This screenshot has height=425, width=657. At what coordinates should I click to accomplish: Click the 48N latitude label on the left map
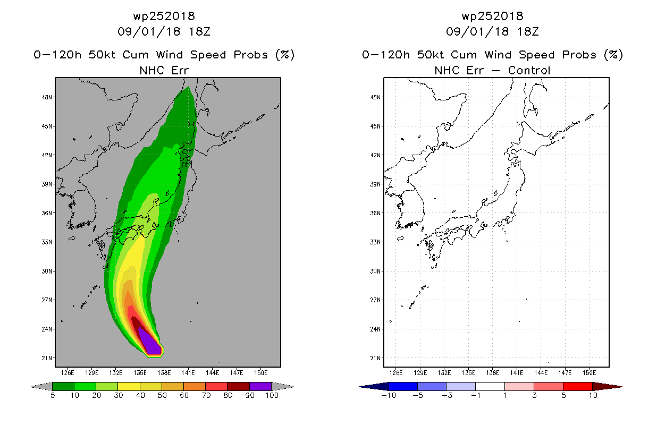pyautogui.click(x=47, y=97)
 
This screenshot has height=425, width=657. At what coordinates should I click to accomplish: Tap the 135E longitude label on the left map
pyautogui.click(x=140, y=373)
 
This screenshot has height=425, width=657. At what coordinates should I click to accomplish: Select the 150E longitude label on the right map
pyautogui.click(x=589, y=373)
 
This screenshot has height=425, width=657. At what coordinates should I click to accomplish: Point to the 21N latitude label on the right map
pyautogui.click(x=375, y=358)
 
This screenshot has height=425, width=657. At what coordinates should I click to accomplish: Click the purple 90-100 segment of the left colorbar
pyautogui.click(x=260, y=386)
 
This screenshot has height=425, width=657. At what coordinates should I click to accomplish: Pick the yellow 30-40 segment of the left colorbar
pyautogui.click(x=129, y=386)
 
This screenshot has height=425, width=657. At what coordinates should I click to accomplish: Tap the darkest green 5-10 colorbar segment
pyautogui.click(x=63, y=386)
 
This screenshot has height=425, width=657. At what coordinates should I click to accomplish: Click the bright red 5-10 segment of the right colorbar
pyautogui.click(x=578, y=386)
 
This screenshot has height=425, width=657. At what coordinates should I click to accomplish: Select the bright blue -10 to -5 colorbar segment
pyautogui.click(x=403, y=386)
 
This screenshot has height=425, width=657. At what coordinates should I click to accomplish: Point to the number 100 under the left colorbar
pyautogui.click(x=272, y=396)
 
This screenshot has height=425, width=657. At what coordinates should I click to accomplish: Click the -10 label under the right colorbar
pyautogui.click(x=389, y=396)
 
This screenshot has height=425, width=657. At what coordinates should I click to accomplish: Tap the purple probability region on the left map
pyautogui.click(x=150, y=344)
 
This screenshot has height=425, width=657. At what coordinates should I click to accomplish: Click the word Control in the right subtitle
pyautogui.click(x=529, y=71)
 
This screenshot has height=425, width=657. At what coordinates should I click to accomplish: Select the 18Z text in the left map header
pyautogui.click(x=199, y=32)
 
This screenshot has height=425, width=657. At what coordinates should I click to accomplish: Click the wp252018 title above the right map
pyautogui.click(x=492, y=16)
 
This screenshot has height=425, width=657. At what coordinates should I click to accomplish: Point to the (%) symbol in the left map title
pyautogui.click(x=285, y=55)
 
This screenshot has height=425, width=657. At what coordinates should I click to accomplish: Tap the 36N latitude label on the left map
pyautogui.click(x=47, y=213)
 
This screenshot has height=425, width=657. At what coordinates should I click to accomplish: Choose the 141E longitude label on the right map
pyautogui.click(x=517, y=373)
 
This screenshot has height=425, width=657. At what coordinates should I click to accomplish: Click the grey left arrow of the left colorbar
pyautogui.click(x=41, y=387)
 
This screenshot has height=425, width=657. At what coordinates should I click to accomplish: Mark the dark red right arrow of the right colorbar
pyautogui.click(x=608, y=387)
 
